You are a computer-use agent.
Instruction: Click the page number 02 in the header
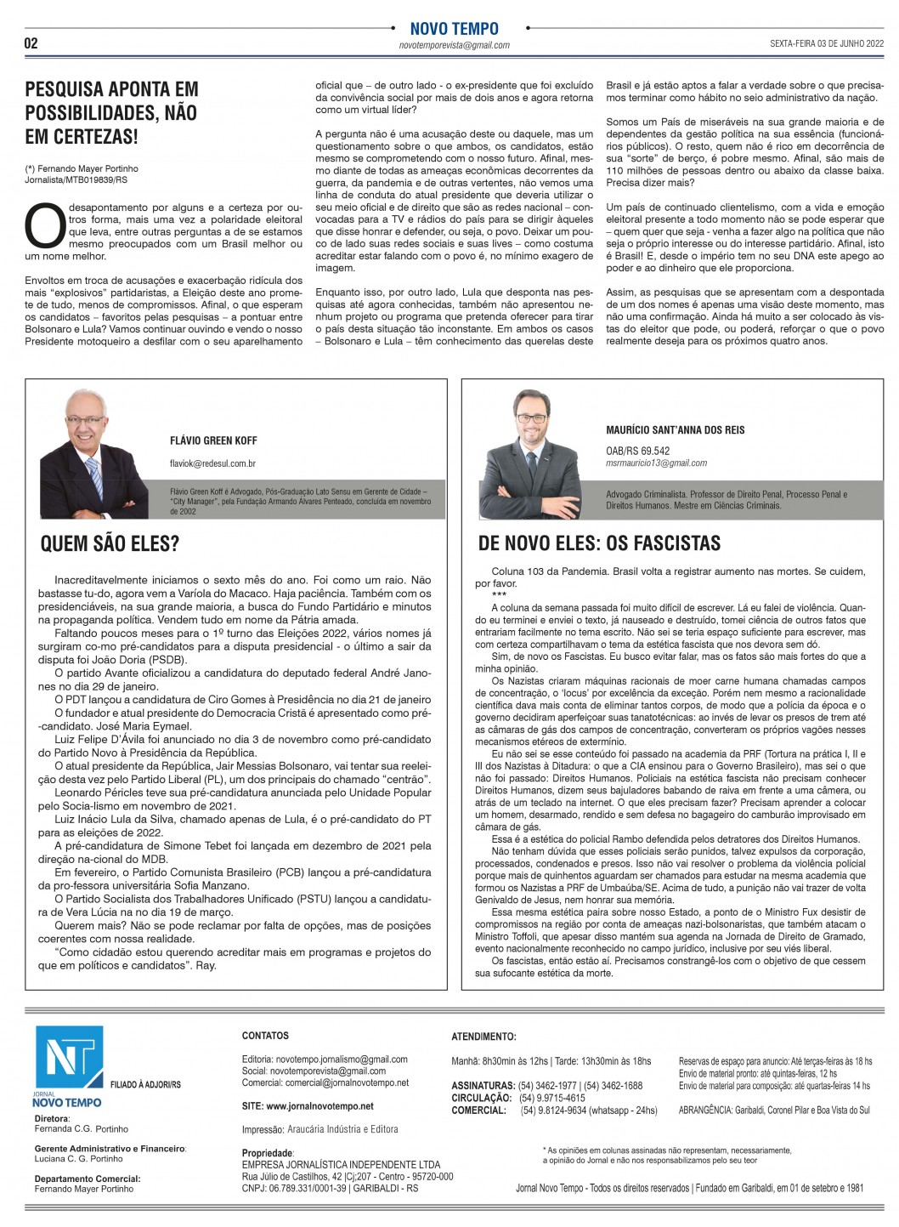click(31, 43)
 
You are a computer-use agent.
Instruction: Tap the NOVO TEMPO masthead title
click(454, 29)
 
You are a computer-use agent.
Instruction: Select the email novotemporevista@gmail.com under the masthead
click(454, 46)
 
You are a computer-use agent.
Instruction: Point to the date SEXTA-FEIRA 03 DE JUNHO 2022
click(827, 43)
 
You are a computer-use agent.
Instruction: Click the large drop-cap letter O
click(44, 226)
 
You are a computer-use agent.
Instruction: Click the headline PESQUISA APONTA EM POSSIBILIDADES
click(111, 112)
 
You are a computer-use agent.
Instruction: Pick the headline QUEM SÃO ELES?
click(110, 543)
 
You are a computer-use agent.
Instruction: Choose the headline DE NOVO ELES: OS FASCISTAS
click(599, 543)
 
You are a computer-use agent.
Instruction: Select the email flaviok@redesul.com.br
click(212, 463)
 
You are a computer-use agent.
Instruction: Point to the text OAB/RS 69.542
click(637, 451)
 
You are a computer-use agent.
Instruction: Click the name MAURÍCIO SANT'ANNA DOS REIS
click(675, 430)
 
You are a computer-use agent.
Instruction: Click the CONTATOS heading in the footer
click(265, 1036)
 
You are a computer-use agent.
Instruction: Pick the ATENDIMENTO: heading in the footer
click(483, 1037)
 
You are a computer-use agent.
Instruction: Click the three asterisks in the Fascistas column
click(499, 595)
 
